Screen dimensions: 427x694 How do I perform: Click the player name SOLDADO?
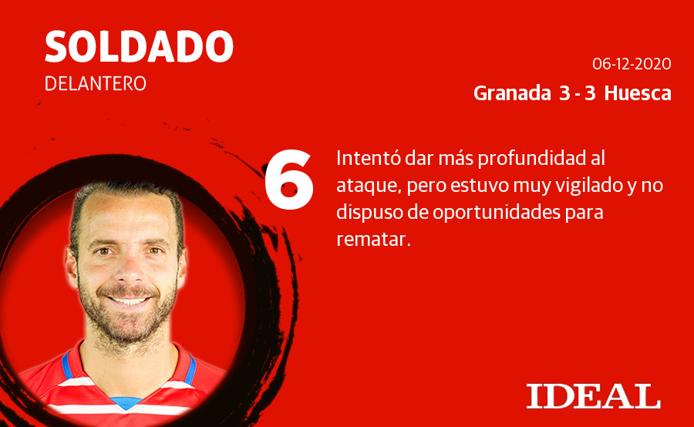(139, 48)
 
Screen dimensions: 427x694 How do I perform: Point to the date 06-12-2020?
(632, 64)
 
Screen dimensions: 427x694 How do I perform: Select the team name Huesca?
(637, 94)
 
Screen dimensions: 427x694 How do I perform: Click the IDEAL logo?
(593, 395)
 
